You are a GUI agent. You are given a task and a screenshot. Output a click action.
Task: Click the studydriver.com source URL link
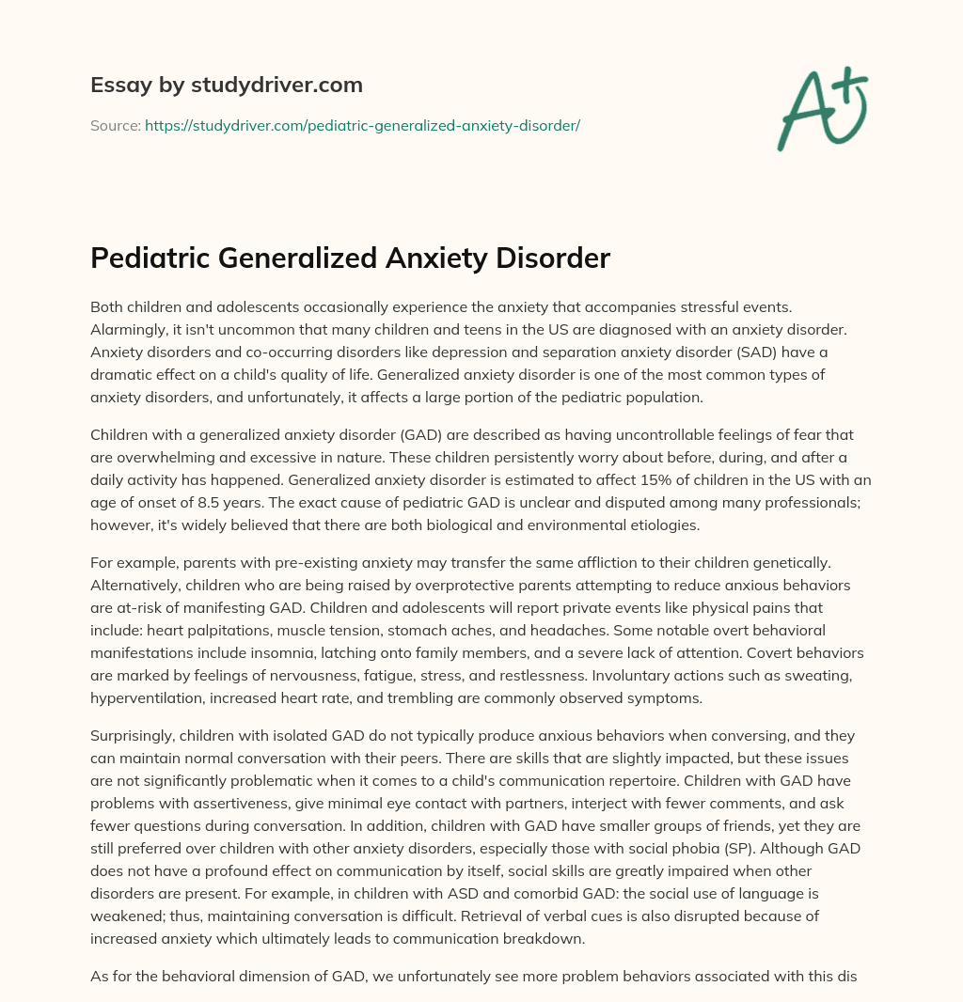(362, 125)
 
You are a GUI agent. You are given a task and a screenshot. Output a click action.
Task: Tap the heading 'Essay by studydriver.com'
(227, 85)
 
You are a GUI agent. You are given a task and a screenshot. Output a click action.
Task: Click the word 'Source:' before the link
(115, 125)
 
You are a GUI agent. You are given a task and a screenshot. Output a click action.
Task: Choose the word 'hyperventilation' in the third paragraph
(145, 697)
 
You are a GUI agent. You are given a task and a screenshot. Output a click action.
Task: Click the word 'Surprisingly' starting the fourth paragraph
(134, 735)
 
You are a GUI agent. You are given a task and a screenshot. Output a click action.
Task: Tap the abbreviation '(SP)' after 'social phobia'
(717, 848)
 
